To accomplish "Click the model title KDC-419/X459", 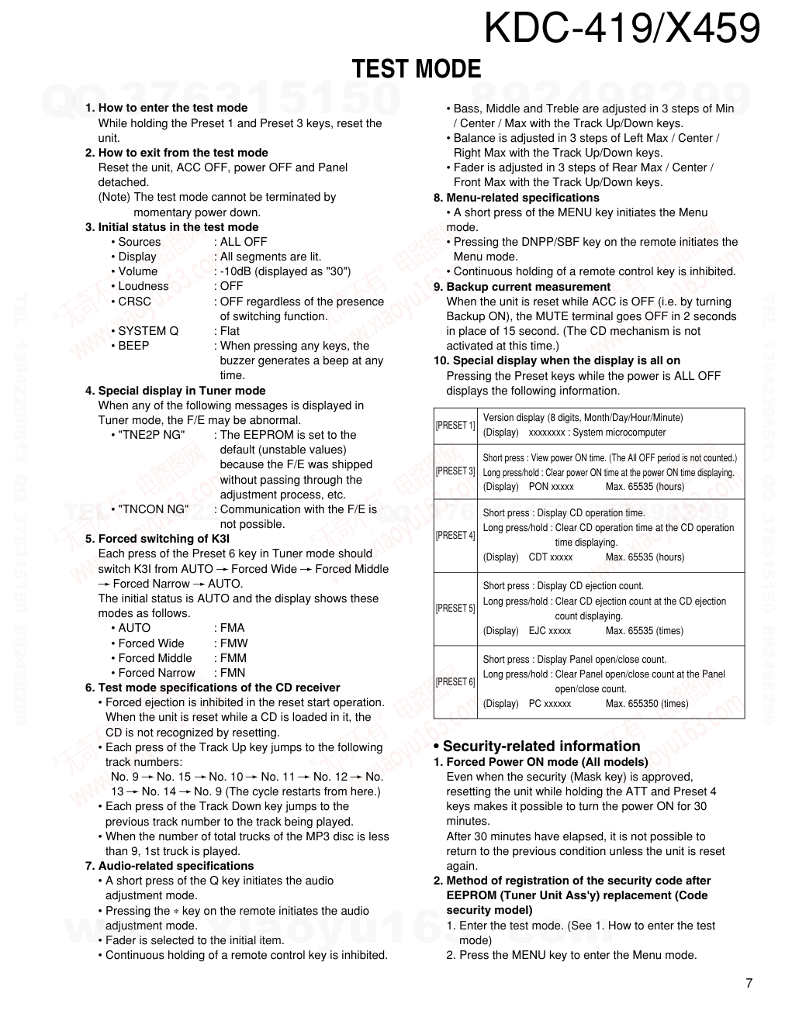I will pyautogui.click(x=621, y=29).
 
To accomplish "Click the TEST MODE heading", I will pyautogui.click(x=417, y=70).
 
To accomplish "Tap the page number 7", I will pyautogui.click(x=749, y=984).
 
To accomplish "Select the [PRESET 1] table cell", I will pyautogui.click(x=455, y=426).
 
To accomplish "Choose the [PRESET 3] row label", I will pyautogui.click(x=455, y=471).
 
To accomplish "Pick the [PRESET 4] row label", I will pyautogui.click(x=455, y=536).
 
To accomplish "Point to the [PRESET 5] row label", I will pyautogui.click(x=455, y=609).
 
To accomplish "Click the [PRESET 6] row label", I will pyautogui.click(x=455, y=682).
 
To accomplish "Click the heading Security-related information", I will pyautogui.click(x=541, y=746).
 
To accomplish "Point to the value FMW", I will pyautogui.click(x=233, y=643).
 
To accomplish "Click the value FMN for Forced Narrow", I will pyautogui.click(x=233, y=673).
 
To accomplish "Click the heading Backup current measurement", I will pyautogui.click(x=527, y=287).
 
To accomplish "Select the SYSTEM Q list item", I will pyautogui.click(x=147, y=331).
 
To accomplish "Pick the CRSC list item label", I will pyautogui.click(x=134, y=302).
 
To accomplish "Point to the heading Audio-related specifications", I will pyautogui.click(x=175, y=866).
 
